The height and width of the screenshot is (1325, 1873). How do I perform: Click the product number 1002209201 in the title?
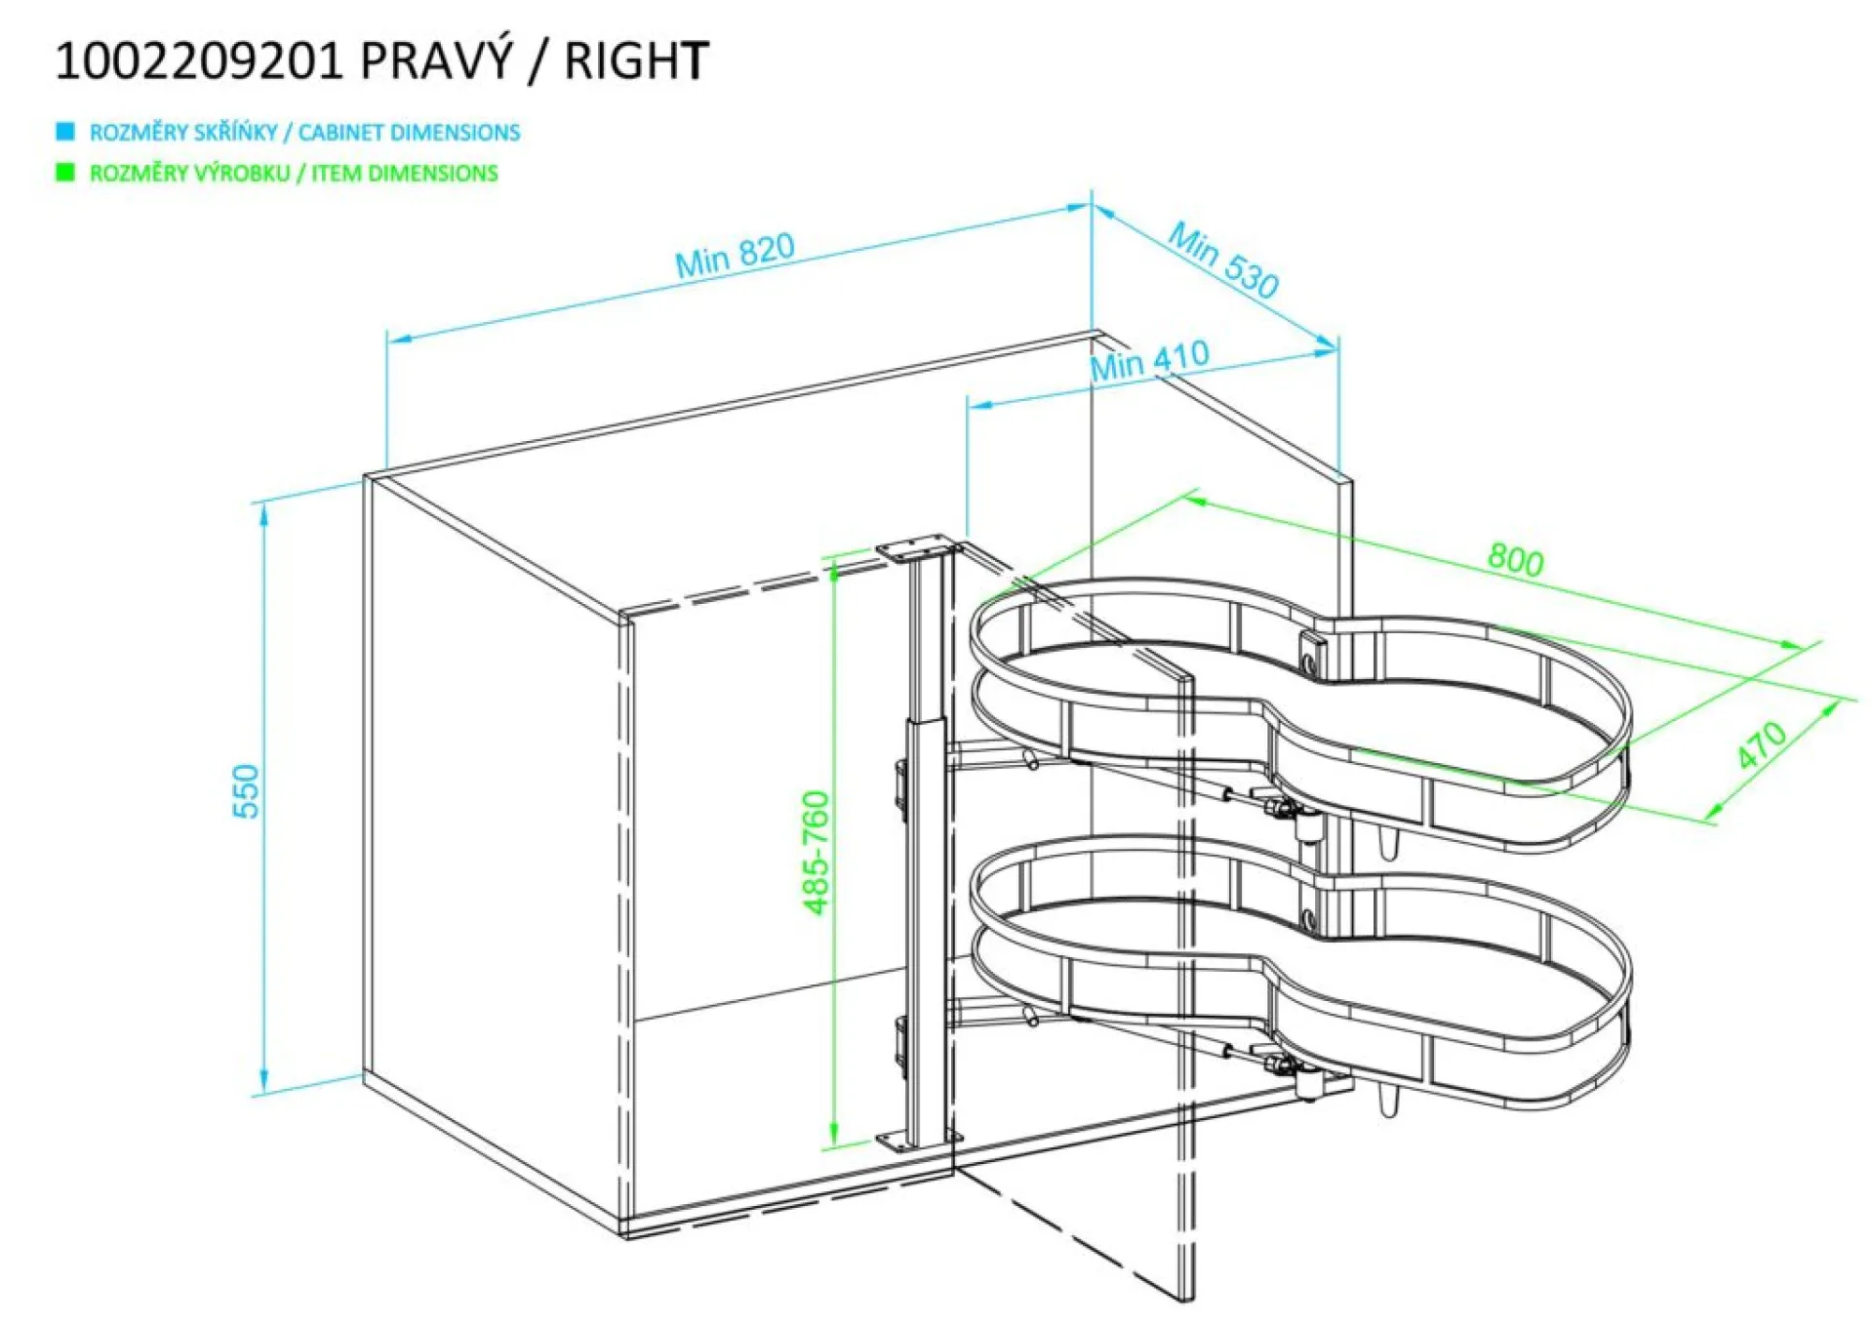199,61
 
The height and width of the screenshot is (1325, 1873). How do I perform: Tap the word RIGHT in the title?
636,61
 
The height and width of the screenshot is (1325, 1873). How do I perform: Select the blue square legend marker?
65,131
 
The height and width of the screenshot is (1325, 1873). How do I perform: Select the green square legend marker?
65,173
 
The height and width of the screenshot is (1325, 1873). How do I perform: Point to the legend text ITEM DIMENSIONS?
405,173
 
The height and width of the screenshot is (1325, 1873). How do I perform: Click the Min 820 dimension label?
736,255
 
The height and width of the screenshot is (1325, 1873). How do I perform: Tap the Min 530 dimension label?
1223,260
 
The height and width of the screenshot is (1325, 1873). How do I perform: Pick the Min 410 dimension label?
1150,360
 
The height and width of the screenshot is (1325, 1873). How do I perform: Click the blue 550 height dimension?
247,791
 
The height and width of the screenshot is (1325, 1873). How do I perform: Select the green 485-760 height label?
816,853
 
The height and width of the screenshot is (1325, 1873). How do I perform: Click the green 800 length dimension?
1516,559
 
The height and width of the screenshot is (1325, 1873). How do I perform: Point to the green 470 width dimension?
1762,744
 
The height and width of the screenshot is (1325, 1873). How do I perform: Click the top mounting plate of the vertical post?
919,548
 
